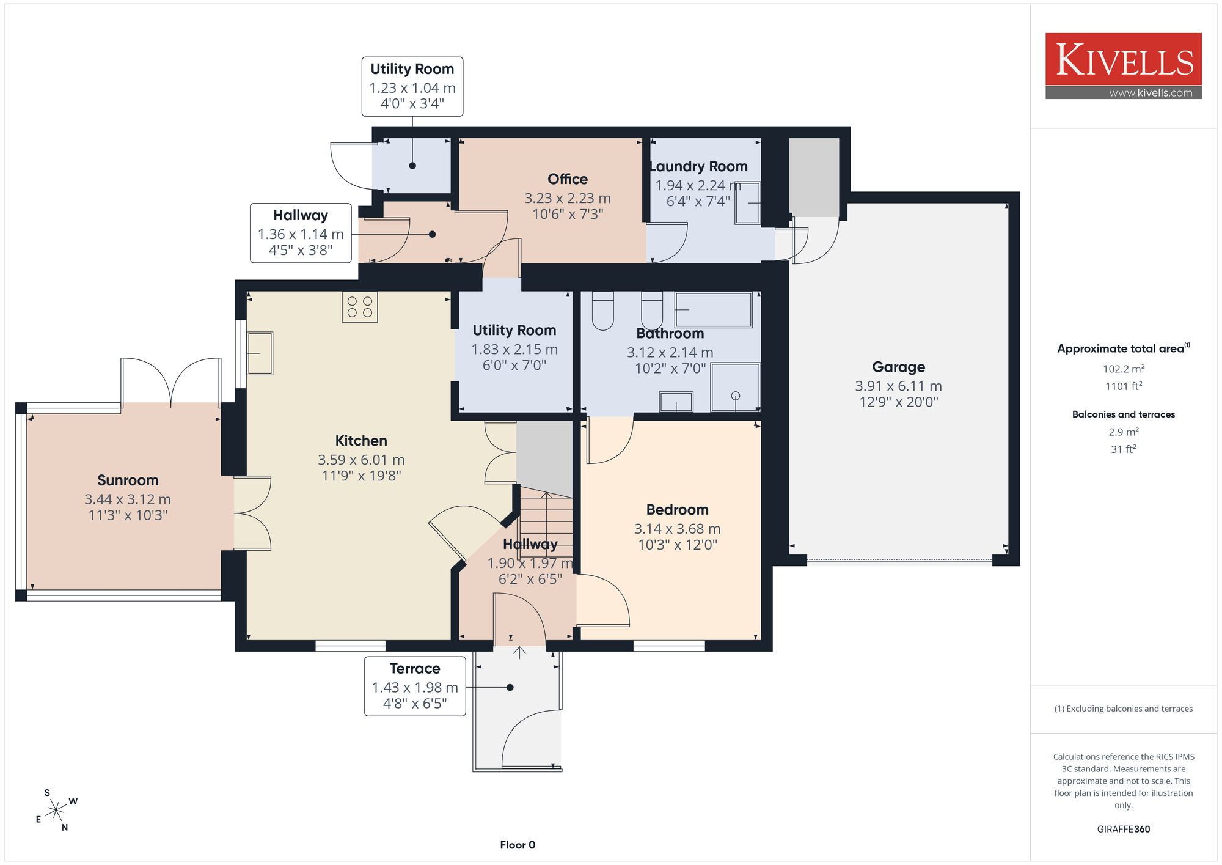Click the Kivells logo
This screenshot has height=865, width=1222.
(1123, 66)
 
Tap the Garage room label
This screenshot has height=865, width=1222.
(898, 367)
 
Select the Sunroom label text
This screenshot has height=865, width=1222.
(128, 480)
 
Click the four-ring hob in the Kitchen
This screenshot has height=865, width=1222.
(359, 307)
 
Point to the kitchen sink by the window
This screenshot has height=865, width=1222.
(260, 353)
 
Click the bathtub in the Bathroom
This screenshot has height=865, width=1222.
(713, 310)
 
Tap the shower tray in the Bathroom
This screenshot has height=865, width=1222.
(736, 387)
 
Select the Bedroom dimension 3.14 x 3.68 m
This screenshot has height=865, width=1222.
(677, 529)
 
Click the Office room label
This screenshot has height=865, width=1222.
(568, 179)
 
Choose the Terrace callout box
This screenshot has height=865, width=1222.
(415, 686)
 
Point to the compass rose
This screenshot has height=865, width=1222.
(56, 811)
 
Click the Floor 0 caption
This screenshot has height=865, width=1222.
(518, 845)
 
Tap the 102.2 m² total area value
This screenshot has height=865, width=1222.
(1123, 369)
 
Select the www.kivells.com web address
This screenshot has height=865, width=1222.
(1151, 93)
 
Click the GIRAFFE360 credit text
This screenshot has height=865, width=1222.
(1123, 829)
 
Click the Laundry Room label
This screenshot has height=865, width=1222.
(698, 166)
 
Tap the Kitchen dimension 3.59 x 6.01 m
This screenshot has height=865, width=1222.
(361, 460)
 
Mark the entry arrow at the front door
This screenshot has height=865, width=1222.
(519, 652)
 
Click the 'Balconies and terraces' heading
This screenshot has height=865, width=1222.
(1123, 414)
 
